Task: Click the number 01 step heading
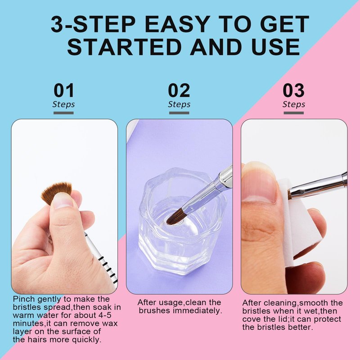tap(64, 90)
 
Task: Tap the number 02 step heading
tap(179, 90)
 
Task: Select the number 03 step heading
tap(294, 90)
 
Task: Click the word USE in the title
tap(275, 47)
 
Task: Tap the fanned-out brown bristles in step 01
tap(56, 193)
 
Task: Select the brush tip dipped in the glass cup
tap(175, 216)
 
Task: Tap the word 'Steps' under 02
tap(179, 104)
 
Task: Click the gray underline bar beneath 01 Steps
tap(63, 113)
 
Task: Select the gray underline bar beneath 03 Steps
tap(294, 113)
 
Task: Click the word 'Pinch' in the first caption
tap(24, 299)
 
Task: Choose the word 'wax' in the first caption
tap(110, 324)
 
